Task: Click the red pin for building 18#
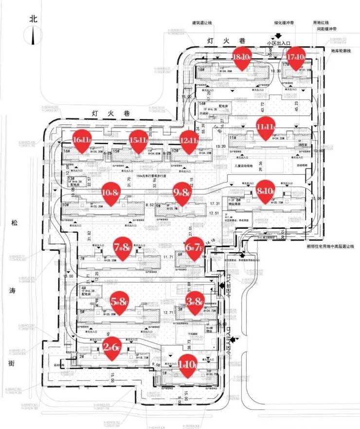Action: point(242,58)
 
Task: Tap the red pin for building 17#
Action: point(295,57)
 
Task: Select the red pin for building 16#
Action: point(82,140)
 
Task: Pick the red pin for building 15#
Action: point(139,140)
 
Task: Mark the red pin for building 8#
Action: point(266,190)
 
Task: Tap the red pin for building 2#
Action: point(112,347)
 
